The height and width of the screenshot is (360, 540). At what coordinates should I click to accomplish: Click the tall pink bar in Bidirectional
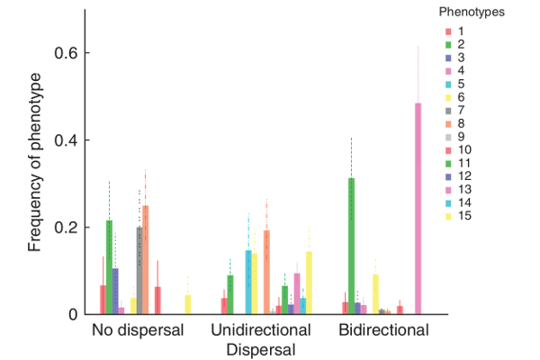(x=418, y=208)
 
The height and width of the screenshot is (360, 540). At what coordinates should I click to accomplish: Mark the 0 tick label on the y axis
(x=75, y=314)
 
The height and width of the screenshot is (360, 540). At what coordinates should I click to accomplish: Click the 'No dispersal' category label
(x=138, y=330)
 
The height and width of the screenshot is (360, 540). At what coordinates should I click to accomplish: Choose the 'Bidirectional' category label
(x=383, y=330)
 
